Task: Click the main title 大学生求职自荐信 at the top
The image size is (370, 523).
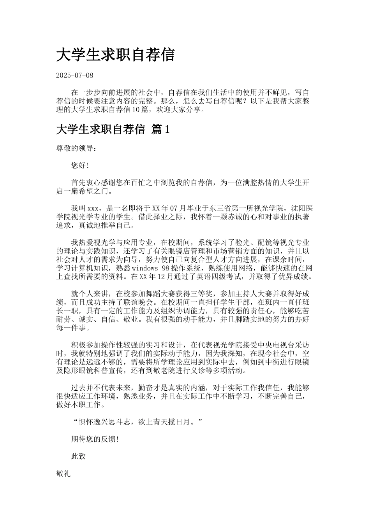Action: pyautogui.click(x=115, y=55)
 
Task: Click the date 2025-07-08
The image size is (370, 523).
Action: pyautogui.click(x=75, y=75)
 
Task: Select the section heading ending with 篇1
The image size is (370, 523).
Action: pyautogui.click(x=113, y=130)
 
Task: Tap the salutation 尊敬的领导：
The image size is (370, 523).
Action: pyautogui.click(x=75, y=148)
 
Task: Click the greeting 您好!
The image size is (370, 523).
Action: pyautogui.click(x=80, y=165)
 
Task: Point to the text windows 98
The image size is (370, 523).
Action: pyautogui.click(x=145, y=268)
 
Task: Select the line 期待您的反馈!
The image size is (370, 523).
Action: pyautogui.click(x=95, y=439)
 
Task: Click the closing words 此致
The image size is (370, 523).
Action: pyautogui.click(x=78, y=456)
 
